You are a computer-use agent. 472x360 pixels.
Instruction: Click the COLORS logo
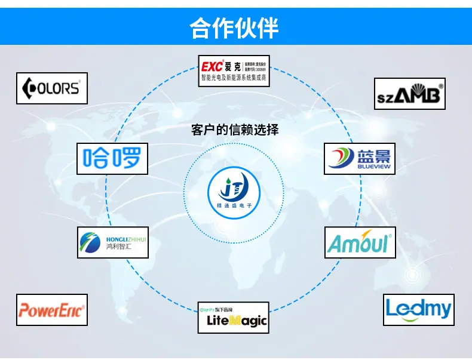(52, 88)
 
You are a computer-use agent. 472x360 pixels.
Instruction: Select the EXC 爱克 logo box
(234, 70)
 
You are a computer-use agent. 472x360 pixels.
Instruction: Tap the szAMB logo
(410, 94)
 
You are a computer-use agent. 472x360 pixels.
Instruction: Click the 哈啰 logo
(112, 158)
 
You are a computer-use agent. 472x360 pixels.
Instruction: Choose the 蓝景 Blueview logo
(360, 159)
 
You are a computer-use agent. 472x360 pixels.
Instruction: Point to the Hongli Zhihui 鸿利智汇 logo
(113, 242)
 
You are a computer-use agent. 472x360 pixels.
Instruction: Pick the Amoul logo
(360, 242)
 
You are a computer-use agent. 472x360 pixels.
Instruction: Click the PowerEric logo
(52, 310)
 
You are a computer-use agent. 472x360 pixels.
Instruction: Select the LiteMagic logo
(234, 318)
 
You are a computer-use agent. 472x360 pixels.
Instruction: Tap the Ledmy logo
(418, 309)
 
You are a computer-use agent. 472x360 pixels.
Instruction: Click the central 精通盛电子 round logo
(234, 193)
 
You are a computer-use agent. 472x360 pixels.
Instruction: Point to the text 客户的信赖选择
(235, 130)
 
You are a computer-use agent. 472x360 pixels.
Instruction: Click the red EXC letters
(212, 64)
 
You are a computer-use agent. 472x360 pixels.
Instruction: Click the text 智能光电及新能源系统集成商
(234, 78)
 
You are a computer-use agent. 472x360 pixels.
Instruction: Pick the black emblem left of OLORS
(29, 89)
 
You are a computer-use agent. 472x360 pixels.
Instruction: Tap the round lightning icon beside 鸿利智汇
(91, 242)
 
